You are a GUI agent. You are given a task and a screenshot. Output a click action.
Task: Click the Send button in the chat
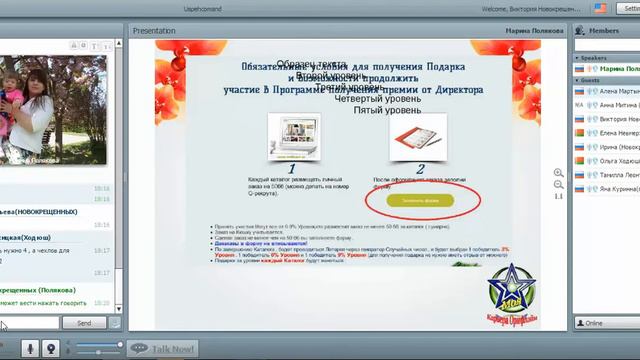(84, 323)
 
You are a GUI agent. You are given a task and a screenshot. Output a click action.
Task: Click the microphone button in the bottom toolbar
(31, 347)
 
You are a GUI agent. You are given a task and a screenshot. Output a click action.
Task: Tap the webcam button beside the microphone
(51, 347)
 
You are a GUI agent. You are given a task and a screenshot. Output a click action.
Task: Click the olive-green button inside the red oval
(420, 200)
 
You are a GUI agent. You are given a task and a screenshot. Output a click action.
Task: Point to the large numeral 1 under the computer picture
(291, 169)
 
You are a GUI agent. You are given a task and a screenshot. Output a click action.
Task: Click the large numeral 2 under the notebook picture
(420, 169)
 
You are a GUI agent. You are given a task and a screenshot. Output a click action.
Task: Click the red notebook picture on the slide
(418, 136)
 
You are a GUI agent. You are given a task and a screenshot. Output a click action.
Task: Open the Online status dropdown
(606, 323)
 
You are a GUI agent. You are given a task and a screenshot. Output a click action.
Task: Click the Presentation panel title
(154, 31)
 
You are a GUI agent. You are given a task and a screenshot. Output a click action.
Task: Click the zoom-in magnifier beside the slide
(558, 172)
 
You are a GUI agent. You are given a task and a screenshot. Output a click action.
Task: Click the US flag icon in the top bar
(600, 7)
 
